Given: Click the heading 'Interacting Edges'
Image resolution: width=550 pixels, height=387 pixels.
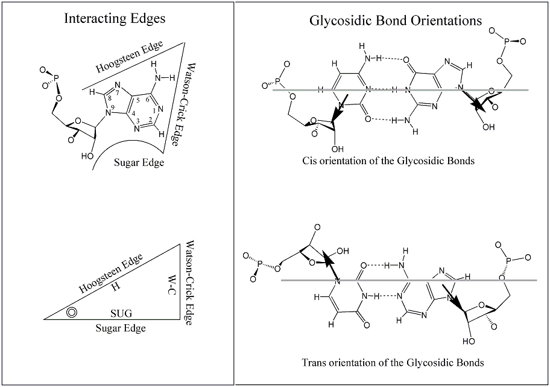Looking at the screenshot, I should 115,19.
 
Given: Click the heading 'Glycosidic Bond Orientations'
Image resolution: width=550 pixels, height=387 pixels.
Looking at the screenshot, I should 395,21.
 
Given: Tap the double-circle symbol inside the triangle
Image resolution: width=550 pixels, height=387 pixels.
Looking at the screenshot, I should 72,312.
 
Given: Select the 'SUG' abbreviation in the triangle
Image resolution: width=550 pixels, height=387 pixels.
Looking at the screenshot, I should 121,313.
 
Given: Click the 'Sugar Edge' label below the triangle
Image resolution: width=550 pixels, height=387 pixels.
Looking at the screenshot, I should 121,328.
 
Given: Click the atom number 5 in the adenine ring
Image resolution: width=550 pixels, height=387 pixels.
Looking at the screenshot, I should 137,100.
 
